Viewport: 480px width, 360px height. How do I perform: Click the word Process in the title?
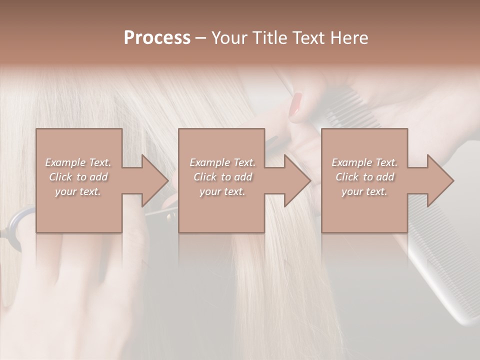coord(157,38)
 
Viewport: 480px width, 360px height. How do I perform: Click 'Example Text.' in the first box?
coord(78,162)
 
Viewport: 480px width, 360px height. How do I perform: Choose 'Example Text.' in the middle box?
coord(222,162)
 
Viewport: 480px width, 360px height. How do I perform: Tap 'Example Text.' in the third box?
coord(364,162)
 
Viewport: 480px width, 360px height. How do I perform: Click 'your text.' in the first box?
coord(78,191)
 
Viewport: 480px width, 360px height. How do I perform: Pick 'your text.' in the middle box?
coord(222,191)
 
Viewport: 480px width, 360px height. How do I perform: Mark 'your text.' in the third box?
coord(364,191)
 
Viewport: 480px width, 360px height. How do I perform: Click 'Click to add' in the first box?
coord(78,177)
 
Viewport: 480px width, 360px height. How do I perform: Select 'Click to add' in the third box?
coord(364,177)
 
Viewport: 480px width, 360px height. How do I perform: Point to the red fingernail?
coord(296,105)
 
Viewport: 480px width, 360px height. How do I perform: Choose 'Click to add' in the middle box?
coord(222,177)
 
